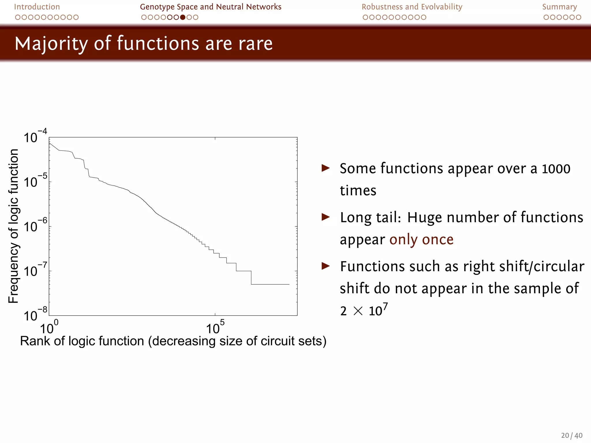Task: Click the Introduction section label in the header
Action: tap(37, 7)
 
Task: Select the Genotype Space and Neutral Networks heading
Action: tap(210, 7)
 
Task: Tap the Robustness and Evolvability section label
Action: tap(412, 7)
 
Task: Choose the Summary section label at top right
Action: tap(559, 7)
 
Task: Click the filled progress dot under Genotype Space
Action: tap(183, 17)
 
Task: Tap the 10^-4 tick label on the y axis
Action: tap(35, 137)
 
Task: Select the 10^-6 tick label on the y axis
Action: tap(35, 226)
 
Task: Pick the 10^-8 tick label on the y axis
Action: tap(35, 315)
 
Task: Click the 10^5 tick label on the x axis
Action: tap(215, 328)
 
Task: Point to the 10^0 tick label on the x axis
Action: tap(49, 328)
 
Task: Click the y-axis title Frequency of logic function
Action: tap(13, 226)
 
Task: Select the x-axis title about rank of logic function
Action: tap(173, 341)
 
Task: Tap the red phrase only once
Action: tap(421, 240)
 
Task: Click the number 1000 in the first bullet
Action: tap(556, 169)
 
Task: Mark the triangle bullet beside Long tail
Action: tap(326, 217)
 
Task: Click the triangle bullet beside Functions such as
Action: tap(326, 266)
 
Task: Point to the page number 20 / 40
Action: tap(571, 435)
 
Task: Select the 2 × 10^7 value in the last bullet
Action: tap(364, 310)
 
